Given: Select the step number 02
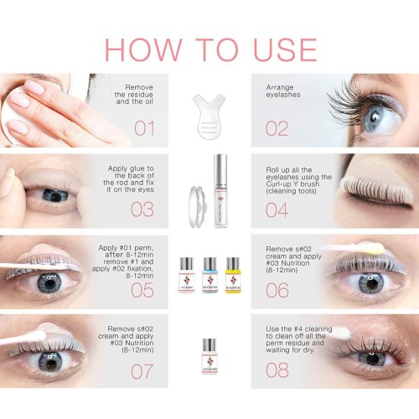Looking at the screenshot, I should point(277,128).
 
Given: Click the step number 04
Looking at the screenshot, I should point(277,209).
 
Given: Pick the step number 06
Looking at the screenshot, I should point(277,290).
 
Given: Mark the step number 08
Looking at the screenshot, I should point(277,371).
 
